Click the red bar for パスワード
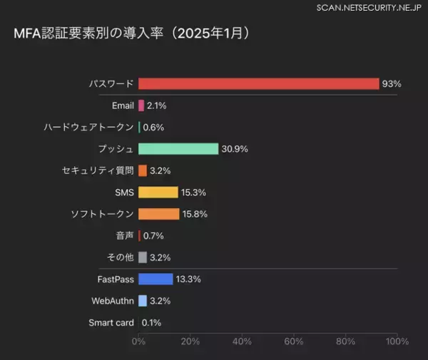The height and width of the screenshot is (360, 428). (258, 84)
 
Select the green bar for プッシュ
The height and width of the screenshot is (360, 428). (178, 149)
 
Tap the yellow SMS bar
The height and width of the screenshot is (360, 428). (158, 192)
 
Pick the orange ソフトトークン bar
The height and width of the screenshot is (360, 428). (158, 214)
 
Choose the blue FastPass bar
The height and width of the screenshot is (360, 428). (156, 279)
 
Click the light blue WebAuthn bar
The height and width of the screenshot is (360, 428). (143, 301)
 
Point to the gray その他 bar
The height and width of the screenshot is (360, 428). (143, 257)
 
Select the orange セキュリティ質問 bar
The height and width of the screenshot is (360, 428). (143, 171)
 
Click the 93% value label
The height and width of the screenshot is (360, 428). (392, 84)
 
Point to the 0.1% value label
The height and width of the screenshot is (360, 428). (151, 322)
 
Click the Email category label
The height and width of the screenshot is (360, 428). (123, 106)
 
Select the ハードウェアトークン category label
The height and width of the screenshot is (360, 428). (88, 128)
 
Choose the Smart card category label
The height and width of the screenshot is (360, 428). (111, 322)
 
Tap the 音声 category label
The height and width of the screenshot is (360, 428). (123, 235)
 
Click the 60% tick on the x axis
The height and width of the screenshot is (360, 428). (294, 341)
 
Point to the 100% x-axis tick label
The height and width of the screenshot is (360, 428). (397, 341)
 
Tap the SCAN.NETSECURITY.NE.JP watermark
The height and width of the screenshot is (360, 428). (370, 7)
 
